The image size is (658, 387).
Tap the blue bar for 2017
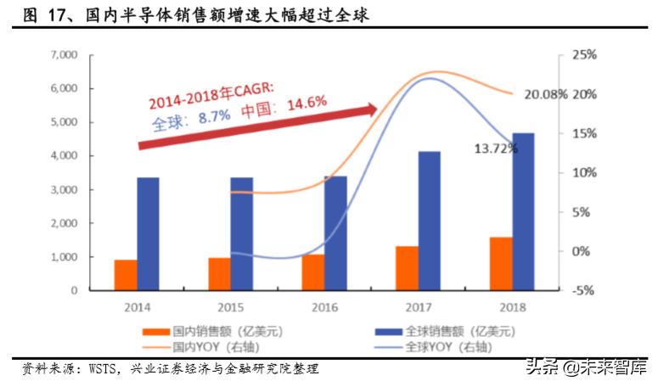[429, 221]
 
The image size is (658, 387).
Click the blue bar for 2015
[242, 233]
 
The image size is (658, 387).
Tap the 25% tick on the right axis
[586, 55]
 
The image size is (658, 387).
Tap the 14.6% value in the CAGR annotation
[307, 103]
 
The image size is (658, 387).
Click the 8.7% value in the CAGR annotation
[215, 117]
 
